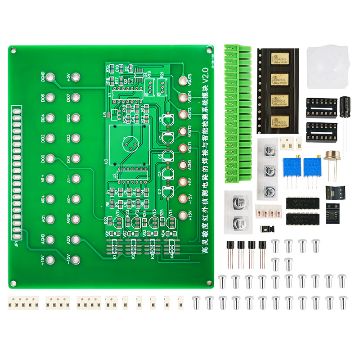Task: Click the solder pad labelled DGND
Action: [x=50, y=77]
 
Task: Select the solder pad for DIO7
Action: [x=76, y=97]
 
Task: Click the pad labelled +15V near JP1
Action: [x=50, y=260]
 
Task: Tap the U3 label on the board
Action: [x=106, y=161]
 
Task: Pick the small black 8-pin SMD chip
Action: [x=333, y=211]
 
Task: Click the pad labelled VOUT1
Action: [x=183, y=148]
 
